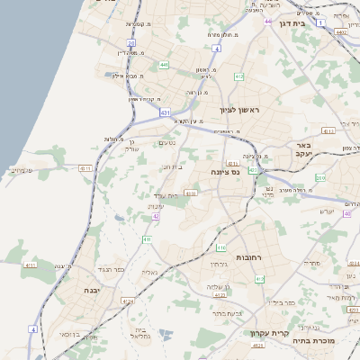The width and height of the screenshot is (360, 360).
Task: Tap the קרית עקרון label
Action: [271, 333]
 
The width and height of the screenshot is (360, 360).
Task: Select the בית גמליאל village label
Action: [139, 334]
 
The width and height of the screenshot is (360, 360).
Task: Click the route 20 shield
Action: [130, 42]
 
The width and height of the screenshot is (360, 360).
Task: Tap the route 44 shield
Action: [268, 21]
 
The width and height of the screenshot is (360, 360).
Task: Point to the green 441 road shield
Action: [163, 65]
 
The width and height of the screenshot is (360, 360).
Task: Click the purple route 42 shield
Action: [156, 216]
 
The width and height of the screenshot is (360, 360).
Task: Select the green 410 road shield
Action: [146, 239]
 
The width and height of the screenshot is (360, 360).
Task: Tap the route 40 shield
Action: [346, 213]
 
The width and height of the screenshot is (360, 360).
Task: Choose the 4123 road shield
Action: [256, 345]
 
